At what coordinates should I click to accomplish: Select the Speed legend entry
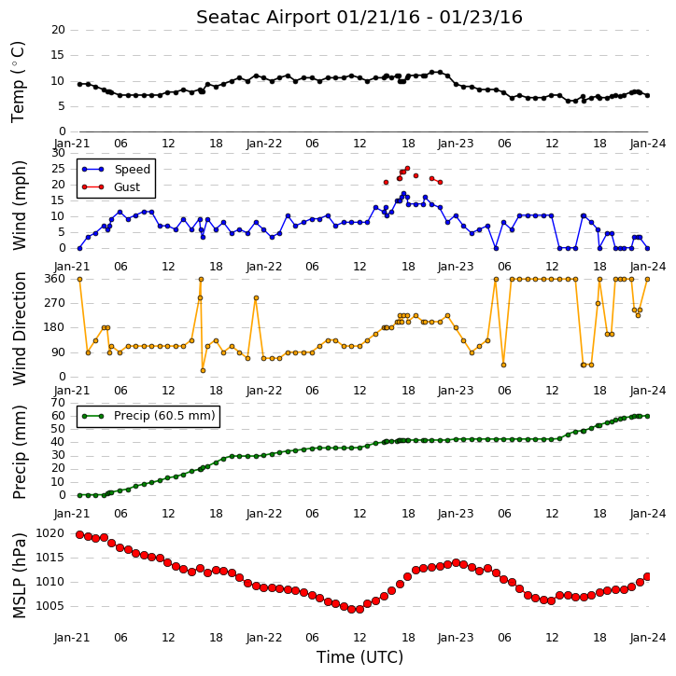point(117,170)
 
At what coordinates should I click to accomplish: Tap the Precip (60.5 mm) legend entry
point(148,416)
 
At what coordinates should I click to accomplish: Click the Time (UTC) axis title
point(359,657)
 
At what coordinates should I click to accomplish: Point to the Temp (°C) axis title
point(18,82)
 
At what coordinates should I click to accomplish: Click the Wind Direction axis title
point(20,328)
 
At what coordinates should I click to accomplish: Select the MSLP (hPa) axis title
point(20,575)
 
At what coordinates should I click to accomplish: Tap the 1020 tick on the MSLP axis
point(49,533)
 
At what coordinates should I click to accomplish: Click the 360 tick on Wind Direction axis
point(55,279)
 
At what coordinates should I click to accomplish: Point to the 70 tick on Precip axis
point(58,403)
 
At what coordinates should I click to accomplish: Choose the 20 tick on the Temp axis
point(58,30)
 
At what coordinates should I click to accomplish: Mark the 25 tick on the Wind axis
point(58,169)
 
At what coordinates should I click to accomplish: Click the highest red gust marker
point(407,169)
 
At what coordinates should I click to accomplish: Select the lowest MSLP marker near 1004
point(351,609)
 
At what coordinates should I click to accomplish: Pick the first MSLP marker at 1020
point(80,534)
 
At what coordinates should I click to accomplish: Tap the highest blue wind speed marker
point(403,194)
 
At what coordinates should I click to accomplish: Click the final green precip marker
point(647,416)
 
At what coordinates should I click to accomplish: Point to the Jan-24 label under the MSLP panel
point(647,638)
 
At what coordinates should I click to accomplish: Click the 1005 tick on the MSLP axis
point(49,606)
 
